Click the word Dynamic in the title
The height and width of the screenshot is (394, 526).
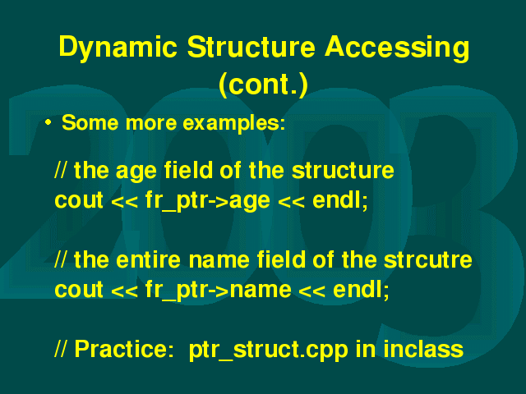pyautogui.click(x=118, y=48)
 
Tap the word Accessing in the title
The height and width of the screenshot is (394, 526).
pyautogui.click(x=397, y=48)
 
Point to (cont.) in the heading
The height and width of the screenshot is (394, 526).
pyautogui.click(x=263, y=85)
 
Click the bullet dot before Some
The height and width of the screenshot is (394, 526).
pyautogui.click(x=48, y=122)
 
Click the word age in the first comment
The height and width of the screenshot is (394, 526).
pyautogui.click(x=136, y=172)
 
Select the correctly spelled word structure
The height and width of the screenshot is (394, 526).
pyautogui.click(x=343, y=170)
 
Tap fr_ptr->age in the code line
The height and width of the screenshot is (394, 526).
pyautogui.click(x=207, y=201)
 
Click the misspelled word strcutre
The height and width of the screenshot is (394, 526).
pyautogui.click(x=427, y=260)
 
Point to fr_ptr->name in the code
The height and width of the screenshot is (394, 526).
pyautogui.click(x=218, y=290)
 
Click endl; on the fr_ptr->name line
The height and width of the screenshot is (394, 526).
pyautogui.click(x=361, y=290)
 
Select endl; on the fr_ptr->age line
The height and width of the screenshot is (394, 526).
pyautogui.click(x=340, y=200)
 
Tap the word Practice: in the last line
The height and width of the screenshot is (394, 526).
pyautogui.click(x=124, y=349)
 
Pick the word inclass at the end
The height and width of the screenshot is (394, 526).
pyautogui.click(x=422, y=349)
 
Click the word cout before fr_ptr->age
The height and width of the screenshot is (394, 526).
pyautogui.click(x=79, y=201)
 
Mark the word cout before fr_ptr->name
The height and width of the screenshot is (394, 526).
pyautogui.click(x=79, y=290)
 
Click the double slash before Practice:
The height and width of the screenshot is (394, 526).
pyautogui.click(x=60, y=349)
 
